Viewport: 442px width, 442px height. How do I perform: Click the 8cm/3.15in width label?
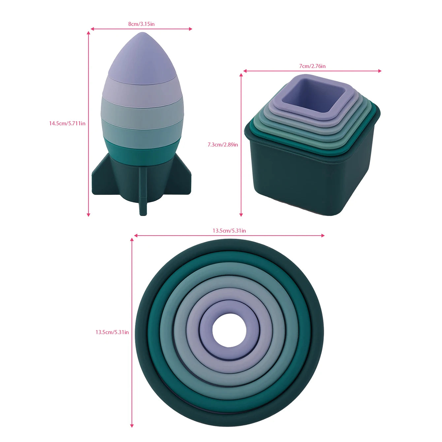(141, 24)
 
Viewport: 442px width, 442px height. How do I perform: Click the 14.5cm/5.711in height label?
(67, 123)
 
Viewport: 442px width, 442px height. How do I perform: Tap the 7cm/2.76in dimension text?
(312, 66)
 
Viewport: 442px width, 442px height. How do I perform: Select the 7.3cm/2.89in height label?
(223, 144)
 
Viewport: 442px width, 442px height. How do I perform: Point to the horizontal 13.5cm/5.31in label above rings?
(229, 231)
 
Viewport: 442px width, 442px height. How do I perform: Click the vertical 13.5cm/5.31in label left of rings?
(112, 332)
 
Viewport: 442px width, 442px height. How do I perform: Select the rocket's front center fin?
(143, 191)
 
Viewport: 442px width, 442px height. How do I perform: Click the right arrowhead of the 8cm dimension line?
(190, 29)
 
